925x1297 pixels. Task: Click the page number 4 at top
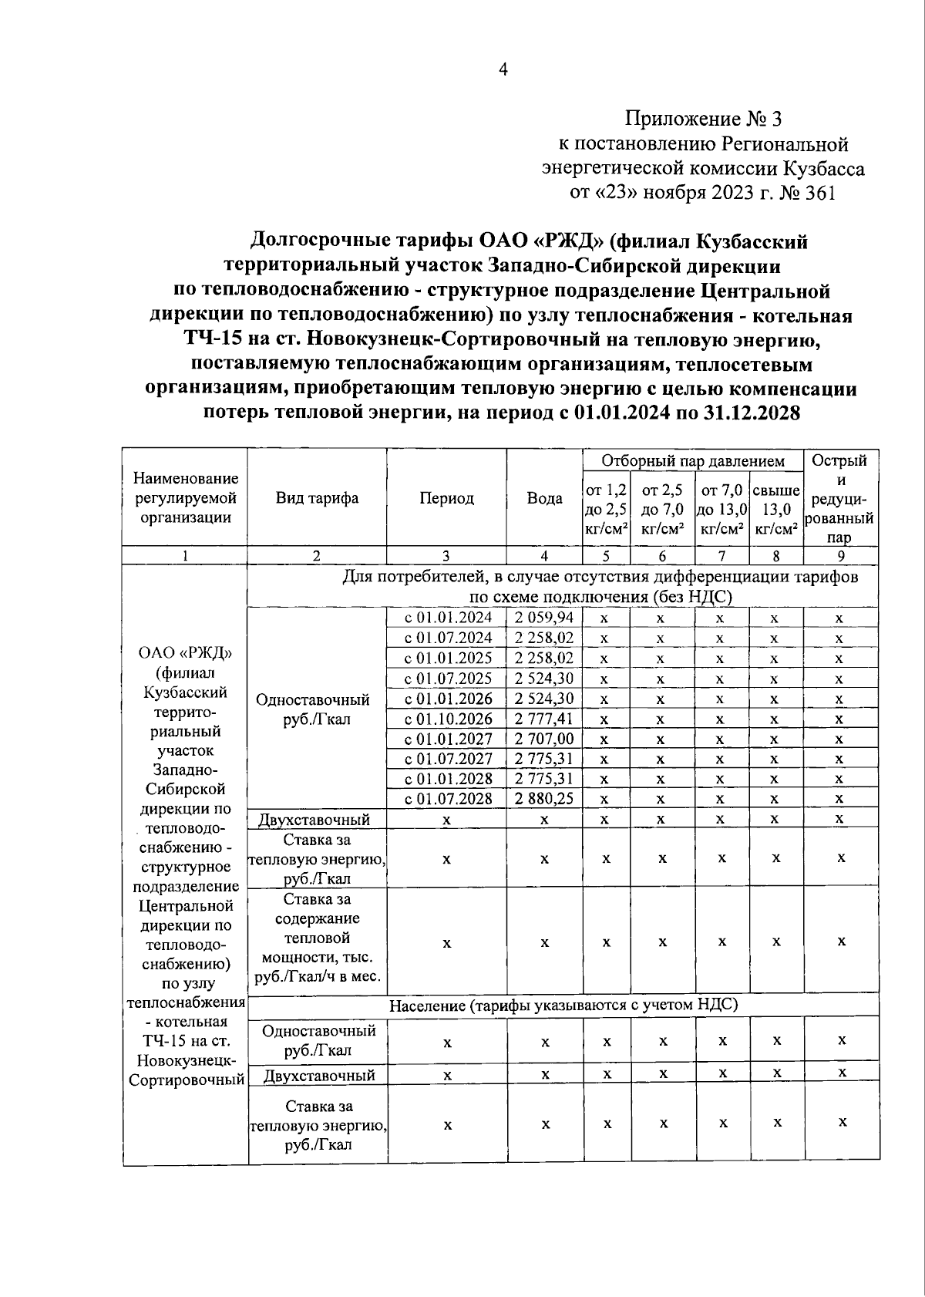[503, 70]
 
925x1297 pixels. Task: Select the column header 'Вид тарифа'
[317, 498]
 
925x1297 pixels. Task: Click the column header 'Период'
[446, 498]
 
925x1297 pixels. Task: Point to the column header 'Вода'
[544, 498]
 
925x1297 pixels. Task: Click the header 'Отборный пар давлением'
[693, 461]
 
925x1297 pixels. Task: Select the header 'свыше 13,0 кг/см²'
[775, 509]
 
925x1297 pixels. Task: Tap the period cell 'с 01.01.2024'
[448, 618]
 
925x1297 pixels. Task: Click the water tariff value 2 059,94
[544, 618]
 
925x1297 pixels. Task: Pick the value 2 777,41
[544, 719]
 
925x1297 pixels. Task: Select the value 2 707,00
[544, 739]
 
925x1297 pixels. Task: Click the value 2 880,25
[544, 799]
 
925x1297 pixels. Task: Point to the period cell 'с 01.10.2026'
[448, 719]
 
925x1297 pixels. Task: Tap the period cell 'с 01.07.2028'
[448, 799]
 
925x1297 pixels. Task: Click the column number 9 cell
[841, 556]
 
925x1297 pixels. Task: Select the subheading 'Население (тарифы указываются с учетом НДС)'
[563, 1005]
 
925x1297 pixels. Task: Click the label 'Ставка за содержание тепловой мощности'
[317, 938]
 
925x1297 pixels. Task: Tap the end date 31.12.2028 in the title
[752, 413]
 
